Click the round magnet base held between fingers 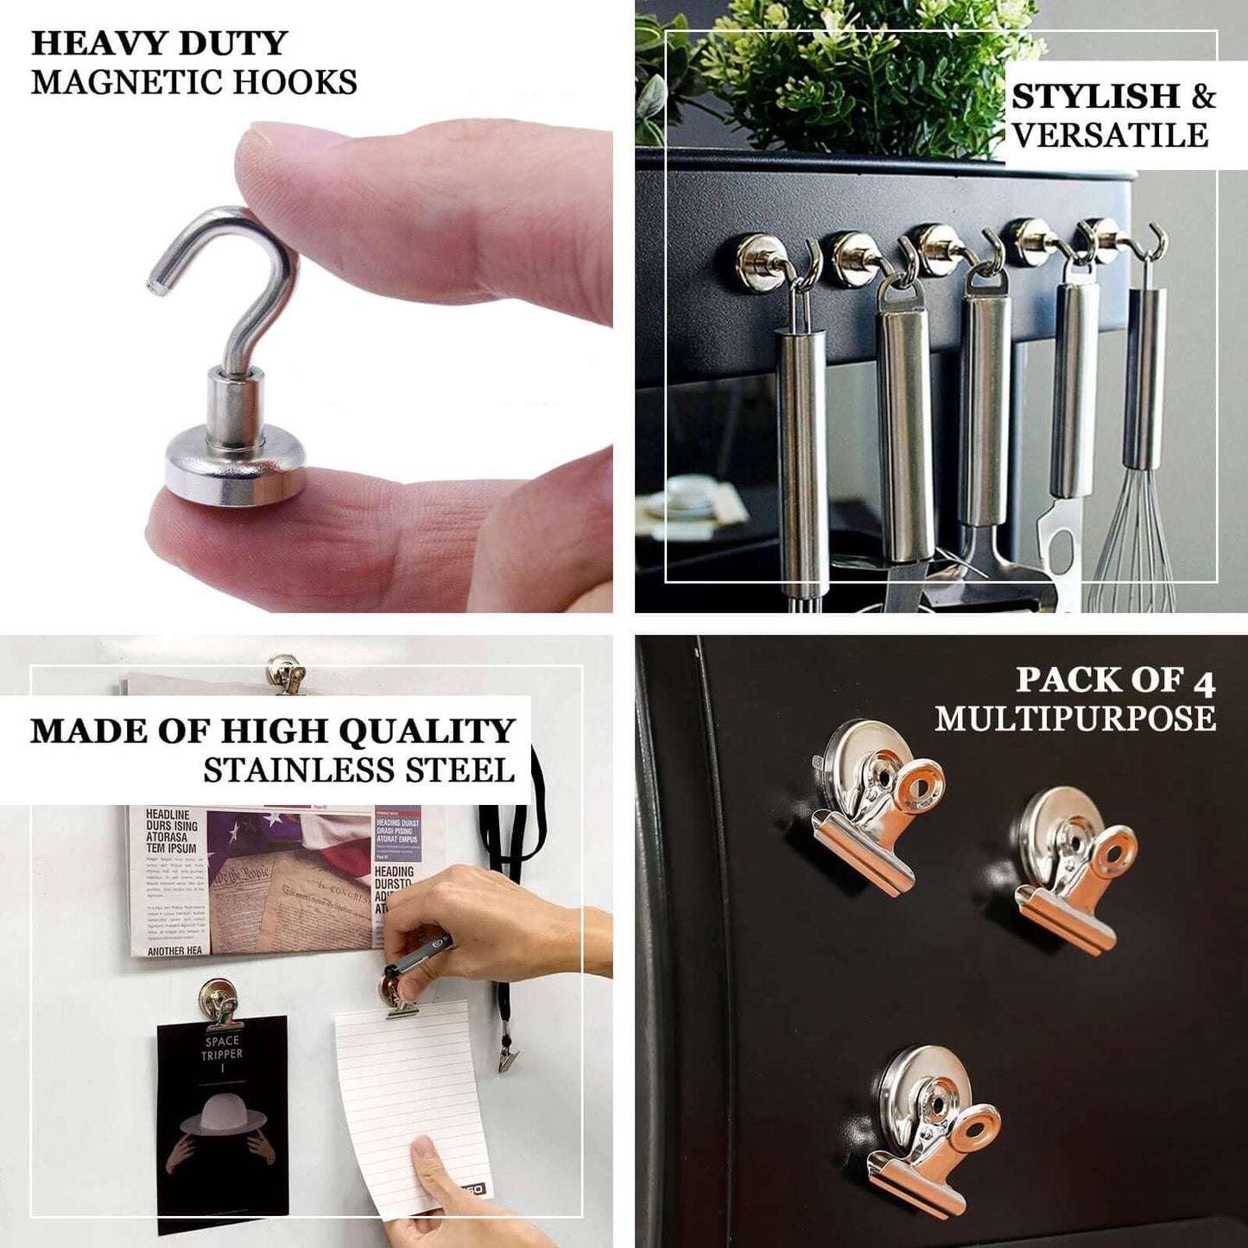click(234, 470)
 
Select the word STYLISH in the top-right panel click(1095, 97)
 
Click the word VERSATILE click(1110, 136)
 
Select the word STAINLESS click(303, 770)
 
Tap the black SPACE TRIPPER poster click(223, 1123)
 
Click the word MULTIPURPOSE click(1075, 719)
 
